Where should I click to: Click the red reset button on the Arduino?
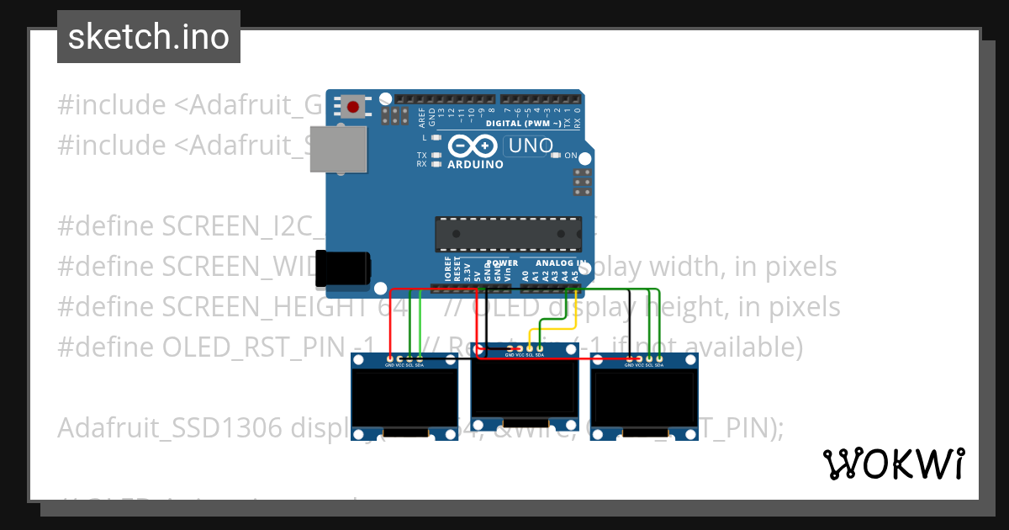tap(355, 108)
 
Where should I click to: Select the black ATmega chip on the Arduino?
tap(508, 234)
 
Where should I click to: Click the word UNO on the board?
tap(528, 146)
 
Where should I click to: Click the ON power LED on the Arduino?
tap(556, 156)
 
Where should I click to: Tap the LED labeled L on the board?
tap(436, 137)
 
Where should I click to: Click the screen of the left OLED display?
tap(404, 400)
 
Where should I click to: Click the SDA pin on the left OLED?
tap(420, 359)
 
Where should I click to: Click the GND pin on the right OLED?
tap(629, 359)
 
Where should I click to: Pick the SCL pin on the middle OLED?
tap(530, 349)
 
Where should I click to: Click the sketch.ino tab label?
tap(149, 37)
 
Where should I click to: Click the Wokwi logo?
tap(893, 464)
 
